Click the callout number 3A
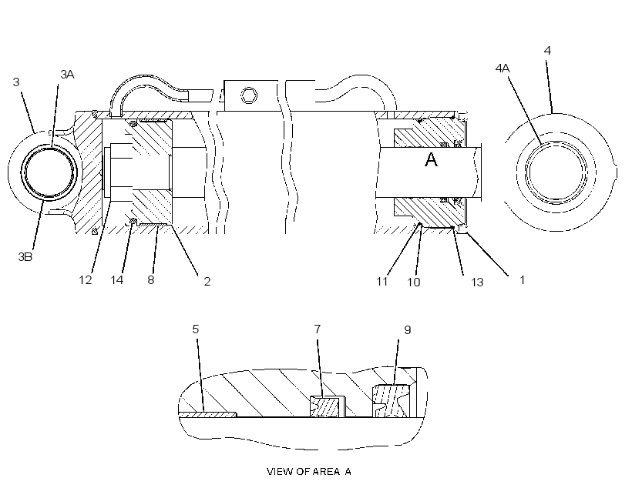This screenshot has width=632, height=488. pyautogui.click(x=67, y=75)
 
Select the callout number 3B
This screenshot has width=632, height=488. pyautogui.click(x=25, y=257)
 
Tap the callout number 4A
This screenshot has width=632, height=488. pyautogui.click(x=503, y=69)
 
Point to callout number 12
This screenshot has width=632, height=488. pyautogui.click(x=86, y=280)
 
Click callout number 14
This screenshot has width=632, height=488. pyautogui.click(x=117, y=280)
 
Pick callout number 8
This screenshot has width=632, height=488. pyautogui.click(x=151, y=280)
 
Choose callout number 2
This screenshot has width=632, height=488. pyautogui.click(x=207, y=282)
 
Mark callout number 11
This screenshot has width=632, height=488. pyautogui.click(x=382, y=282)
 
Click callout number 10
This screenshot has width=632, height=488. pyautogui.click(x=414, y=282)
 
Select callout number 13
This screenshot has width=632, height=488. pyautogui.click(x=477, y=282)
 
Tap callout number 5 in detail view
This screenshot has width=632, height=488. pyautogui.click(x=196, y=329)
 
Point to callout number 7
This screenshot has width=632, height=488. pyautogui.click(x=318, y=329)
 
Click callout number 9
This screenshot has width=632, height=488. pyautogui.click(x=408, y=330)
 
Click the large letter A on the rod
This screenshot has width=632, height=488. pyautogui.click(x=432, y=160)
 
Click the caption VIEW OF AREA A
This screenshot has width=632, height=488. pyautogui.click(x=309, y=472)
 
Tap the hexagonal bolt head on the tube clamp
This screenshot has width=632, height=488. pyautogui.click(x=249, y=95)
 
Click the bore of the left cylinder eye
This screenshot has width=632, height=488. pyautogui.click(x=49, y=172)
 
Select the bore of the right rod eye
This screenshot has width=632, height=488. pyautogui.click(x=556, y=172)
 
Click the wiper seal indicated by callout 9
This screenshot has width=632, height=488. pyautogui.click(x=391, y=401)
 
